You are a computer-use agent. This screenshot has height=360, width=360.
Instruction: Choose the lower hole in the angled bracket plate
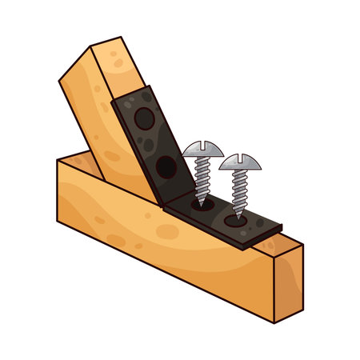tap(166, 166)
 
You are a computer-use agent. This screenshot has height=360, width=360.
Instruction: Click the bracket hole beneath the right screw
tap(238, 217)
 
